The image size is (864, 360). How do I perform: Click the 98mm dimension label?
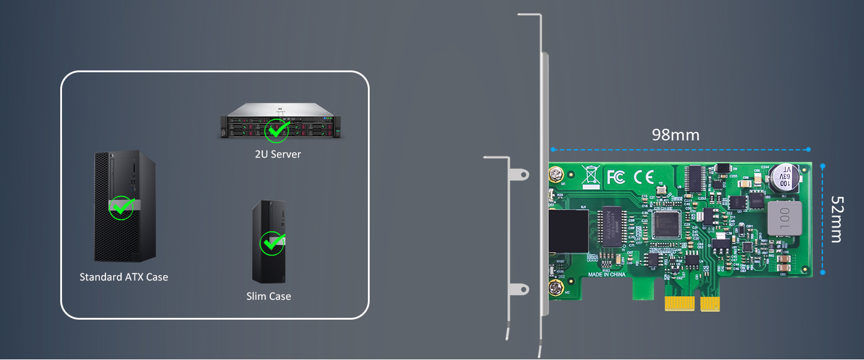coord(676,135)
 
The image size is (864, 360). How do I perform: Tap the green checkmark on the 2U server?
coord(278,130)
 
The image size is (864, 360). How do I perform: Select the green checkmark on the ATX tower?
coord(122,207)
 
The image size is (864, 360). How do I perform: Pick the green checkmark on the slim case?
coord(270,243)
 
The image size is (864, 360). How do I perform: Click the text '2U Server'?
coord(278,154)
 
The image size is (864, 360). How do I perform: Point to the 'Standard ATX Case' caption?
coord(124,277)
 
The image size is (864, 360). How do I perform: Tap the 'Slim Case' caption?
coord(269,296)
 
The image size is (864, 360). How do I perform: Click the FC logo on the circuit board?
coord(615,176)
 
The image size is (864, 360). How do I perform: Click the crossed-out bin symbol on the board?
coord(591,175)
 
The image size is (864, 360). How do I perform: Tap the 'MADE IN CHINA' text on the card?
coord(606,275)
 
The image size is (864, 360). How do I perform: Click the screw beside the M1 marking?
coord(555,175)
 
